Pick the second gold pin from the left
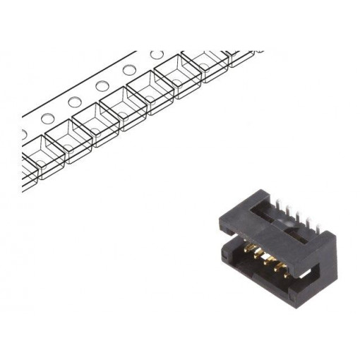point(257,254)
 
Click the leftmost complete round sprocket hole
point(47,118)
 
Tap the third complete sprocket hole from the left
point(102,86)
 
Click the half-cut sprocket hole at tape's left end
point(23,133)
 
